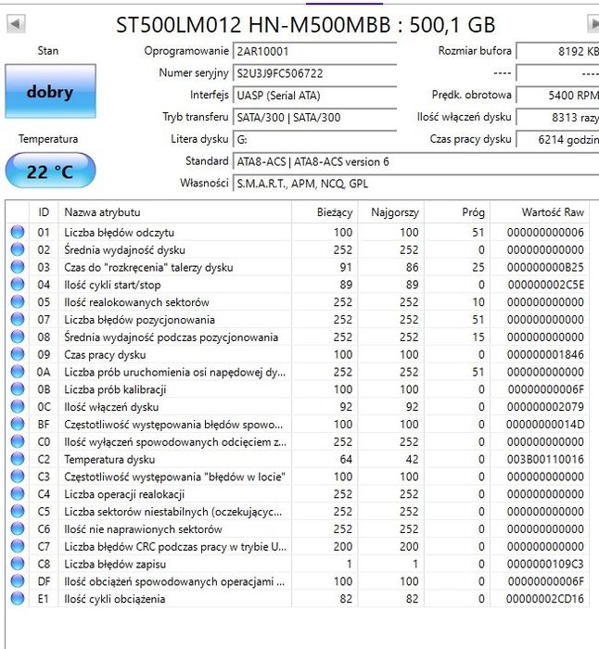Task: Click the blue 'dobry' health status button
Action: tap(49, 92)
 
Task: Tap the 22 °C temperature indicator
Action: tap(49, 172)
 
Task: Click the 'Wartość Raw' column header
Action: tap(553, 212)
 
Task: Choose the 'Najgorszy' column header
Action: tap(394, 212)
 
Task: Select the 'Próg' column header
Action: tap(473, 212)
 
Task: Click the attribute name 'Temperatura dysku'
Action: tap(109, 459)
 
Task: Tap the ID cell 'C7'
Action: tap(44, 546)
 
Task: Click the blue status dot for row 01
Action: tap(17, 233)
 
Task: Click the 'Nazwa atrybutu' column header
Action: tap(102, 212)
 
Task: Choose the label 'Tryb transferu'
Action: tap(195, 117)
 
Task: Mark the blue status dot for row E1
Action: tap(17, 599)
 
